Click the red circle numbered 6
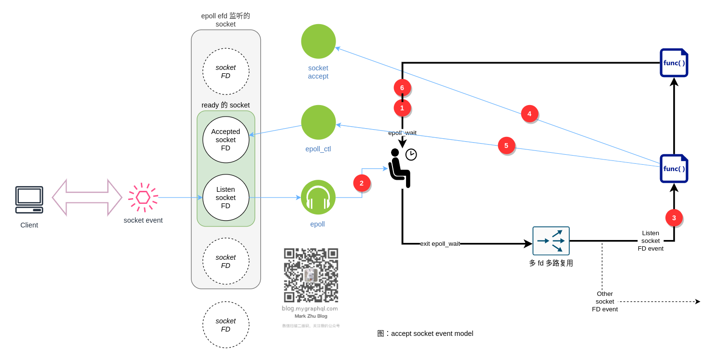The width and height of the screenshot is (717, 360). point(402,88)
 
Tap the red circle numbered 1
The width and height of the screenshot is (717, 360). point(402,108)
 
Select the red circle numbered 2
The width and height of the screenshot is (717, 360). point(362,183)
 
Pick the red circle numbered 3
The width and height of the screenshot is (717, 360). point(674,218)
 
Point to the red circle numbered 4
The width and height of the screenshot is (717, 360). point(529,114)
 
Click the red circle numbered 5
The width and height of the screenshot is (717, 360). point(506,146)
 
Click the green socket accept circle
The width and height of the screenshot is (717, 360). point(318,41)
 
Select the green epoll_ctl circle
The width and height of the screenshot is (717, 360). point(318,122)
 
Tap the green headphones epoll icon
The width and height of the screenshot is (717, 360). point(318,197)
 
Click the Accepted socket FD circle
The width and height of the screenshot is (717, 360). point(226,140)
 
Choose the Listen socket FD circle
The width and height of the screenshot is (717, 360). point(226,198)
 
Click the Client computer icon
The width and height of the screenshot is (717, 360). point(29,200)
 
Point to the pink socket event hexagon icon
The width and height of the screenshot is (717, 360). point(143,198)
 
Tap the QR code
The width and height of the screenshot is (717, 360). point(311,275)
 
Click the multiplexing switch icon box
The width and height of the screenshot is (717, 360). point(551,241)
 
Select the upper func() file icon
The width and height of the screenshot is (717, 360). point(674,63)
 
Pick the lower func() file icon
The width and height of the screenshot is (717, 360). point(674,169)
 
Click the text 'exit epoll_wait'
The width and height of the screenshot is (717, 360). point(440,244)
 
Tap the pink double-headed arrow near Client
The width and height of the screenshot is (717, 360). point(87,198)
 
